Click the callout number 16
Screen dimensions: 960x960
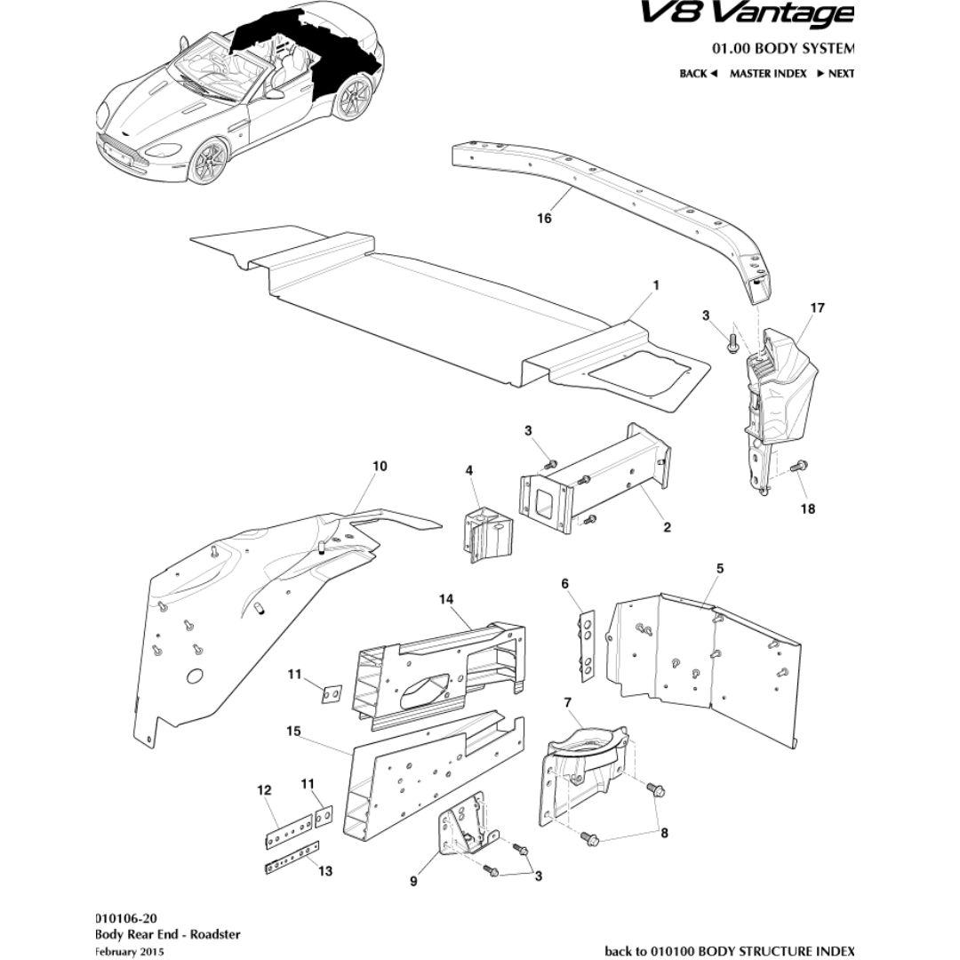tap(544, 218)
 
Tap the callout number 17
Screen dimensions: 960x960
tap(817, 308)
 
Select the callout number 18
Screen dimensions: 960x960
tap(807, 509)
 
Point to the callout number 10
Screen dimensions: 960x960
tap(380, 466)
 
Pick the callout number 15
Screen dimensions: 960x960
tap(293, 731)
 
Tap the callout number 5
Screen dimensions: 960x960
tap(719, 568)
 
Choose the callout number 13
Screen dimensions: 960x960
tap(325, 870)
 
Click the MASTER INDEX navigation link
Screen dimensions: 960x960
tap(768, 74)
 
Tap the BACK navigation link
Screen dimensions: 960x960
tap(698, 74)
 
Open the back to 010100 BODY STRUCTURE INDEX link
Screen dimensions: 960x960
tap(729, 951)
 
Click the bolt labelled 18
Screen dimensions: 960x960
tap(796, 464)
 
